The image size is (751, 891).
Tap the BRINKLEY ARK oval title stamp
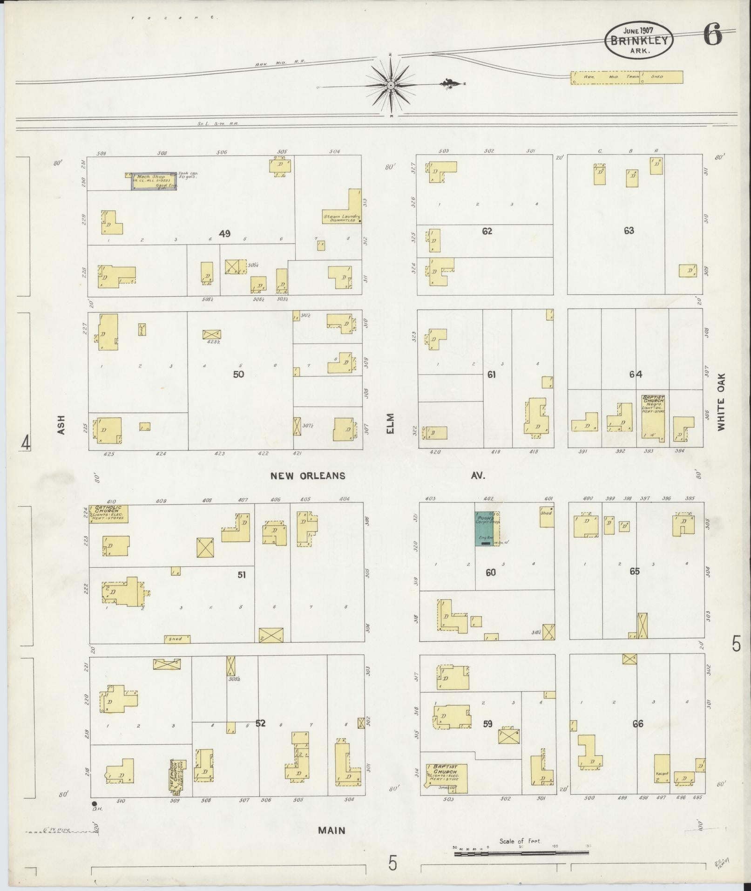639,41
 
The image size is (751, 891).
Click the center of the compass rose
391,86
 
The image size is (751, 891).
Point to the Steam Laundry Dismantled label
342,218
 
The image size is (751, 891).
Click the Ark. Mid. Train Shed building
627,77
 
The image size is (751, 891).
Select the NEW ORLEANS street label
308,476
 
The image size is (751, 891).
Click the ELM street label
390,423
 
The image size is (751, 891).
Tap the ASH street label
61,425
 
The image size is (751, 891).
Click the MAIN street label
332,830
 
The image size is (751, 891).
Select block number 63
629,231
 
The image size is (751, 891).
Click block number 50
238,374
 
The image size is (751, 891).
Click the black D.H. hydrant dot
94,803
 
